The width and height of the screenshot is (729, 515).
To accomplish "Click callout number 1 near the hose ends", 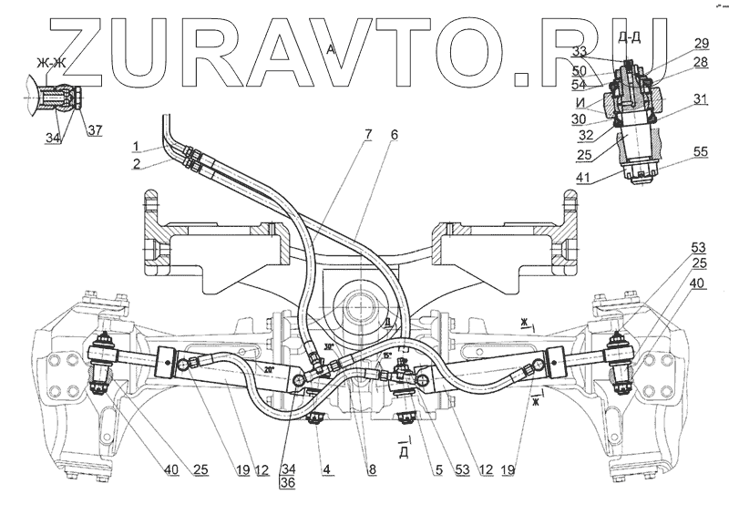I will (x=134, y=147).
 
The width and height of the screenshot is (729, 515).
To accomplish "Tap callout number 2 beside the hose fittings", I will (x=134, y=165).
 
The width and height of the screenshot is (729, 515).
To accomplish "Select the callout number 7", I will (x=368, y=135).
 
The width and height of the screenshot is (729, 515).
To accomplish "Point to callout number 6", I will (x=394, y=135).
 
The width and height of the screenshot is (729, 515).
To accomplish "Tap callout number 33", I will (x=605, y=50).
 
